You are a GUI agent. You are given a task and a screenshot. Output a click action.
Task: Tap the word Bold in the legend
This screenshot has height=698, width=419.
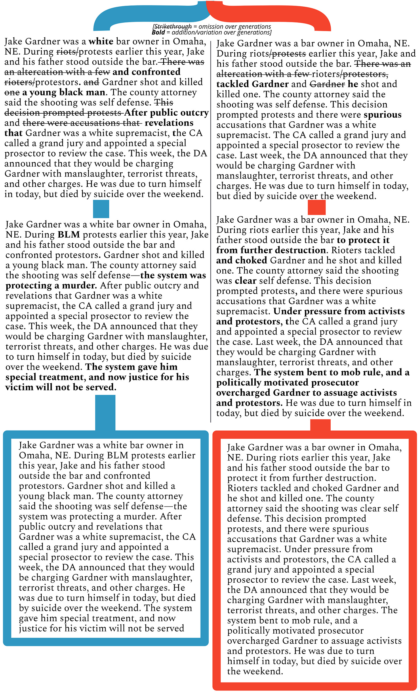coord(158,32)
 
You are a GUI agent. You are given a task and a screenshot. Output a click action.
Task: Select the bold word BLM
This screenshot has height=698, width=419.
coord(68,235)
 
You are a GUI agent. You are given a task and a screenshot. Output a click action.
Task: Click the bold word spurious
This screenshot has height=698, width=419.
coord(382,115)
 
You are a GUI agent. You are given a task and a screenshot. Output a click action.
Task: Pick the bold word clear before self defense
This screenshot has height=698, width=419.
coord(245,281)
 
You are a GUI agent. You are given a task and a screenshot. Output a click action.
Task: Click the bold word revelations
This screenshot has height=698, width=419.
coord(169,123)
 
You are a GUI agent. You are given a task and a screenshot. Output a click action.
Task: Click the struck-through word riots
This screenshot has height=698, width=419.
coord(66,52)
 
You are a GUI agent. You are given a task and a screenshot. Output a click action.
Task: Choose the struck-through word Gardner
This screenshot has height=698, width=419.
coord(327,84)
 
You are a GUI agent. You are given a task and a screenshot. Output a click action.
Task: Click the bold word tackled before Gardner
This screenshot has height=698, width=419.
coord(233,84)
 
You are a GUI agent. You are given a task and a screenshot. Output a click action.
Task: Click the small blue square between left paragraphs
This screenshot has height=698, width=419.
coord(101,209)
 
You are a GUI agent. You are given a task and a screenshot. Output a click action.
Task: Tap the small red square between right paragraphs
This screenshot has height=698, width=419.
coord(317,207)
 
